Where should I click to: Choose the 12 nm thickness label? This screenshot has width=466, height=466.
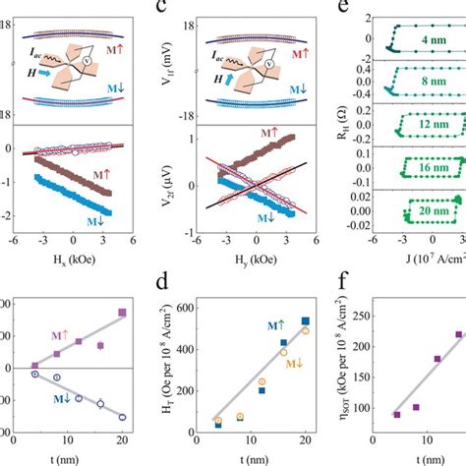pyautogui.click(x=433, y=128)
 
